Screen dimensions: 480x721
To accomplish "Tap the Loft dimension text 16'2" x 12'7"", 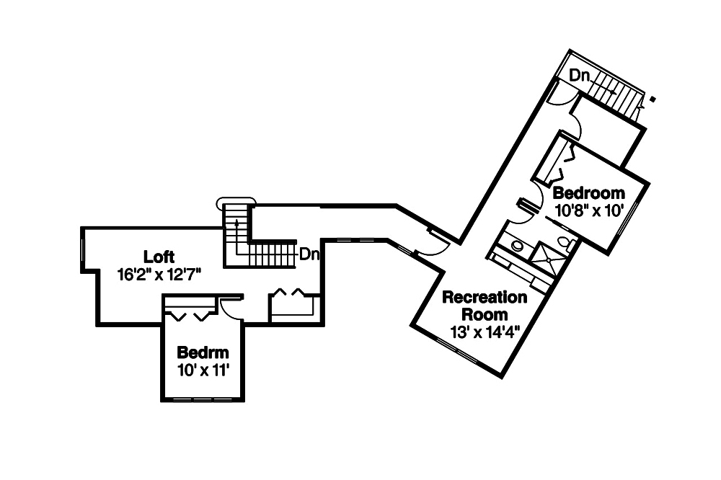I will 159,274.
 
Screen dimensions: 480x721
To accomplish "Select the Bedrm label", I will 203,353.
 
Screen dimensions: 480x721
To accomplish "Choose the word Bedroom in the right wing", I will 588,193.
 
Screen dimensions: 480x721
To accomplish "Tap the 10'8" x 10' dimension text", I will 588,210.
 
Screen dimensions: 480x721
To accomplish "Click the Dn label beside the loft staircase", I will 309,254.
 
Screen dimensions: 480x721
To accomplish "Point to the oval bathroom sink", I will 517,246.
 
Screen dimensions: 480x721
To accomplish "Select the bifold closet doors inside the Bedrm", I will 189,314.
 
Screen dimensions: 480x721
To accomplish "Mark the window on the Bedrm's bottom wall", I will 203,399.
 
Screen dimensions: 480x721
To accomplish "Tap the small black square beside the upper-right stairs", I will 653,99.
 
